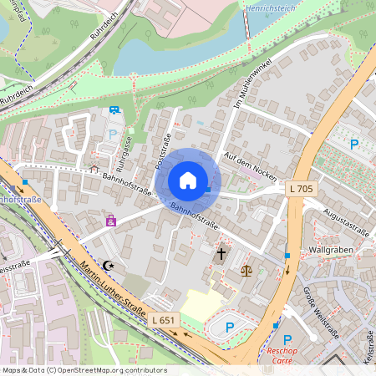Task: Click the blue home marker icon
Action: [x=188, y=180]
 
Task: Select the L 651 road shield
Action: [x=165, y=319]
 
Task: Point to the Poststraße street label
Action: [x=163, y=150]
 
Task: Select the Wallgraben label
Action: [x=328, y=250]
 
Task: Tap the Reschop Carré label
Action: [x=288, y=356]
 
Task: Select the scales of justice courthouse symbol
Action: [x=246, y=270]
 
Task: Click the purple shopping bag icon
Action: [x=110, y=221]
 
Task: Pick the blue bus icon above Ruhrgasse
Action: [x=114, y=109]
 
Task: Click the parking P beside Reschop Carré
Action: [x=287, y=340]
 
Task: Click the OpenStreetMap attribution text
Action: [x=84, y=370]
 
